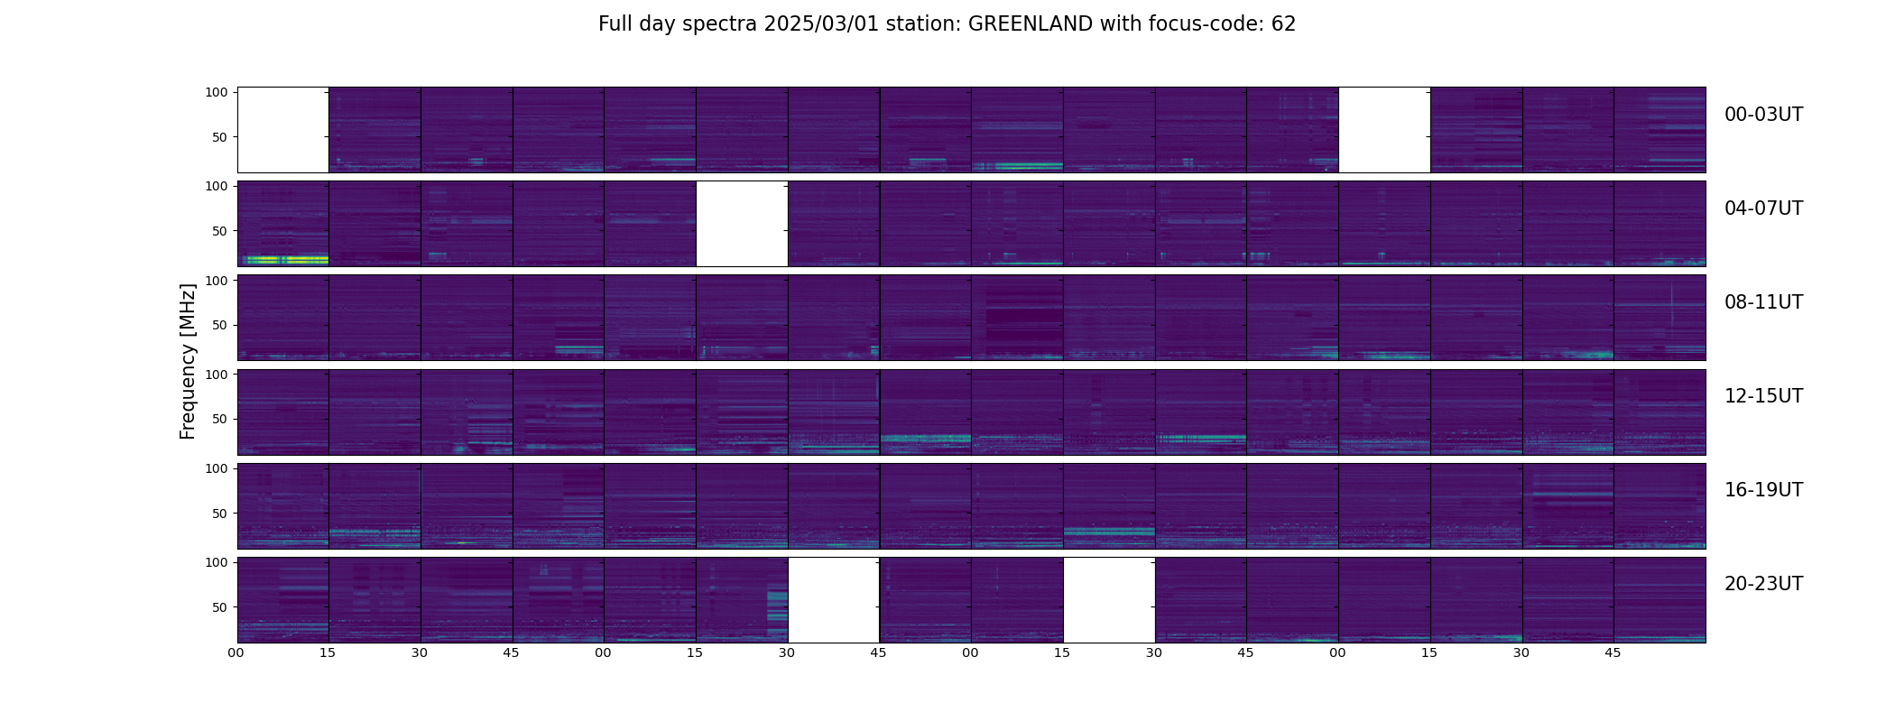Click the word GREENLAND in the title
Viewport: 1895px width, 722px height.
click(1030, 24)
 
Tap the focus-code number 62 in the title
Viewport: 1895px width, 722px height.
click(1283, 24)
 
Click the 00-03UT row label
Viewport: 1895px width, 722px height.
click(1763, 115)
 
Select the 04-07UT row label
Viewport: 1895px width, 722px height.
click(1763, 208)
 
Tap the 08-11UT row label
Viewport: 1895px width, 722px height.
click(1763, 302)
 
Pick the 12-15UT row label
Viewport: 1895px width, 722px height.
click(1763, 396)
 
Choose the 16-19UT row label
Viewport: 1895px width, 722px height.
click(1763, 490)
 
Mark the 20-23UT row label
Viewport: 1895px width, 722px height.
click(1763, 584)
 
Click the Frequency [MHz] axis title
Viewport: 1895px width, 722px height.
click(188, 361)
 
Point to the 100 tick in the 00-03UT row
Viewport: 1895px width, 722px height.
click(217, 92)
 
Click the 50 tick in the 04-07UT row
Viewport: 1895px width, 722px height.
click(220, 231)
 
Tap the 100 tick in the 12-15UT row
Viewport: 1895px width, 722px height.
click(217, 374)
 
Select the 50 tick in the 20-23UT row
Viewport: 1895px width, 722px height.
click(220, 607)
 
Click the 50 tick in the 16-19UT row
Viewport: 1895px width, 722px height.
click(220, 514)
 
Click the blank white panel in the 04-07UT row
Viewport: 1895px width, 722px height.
click(742, 224)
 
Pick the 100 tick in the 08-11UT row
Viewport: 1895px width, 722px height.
click(217, 280)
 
